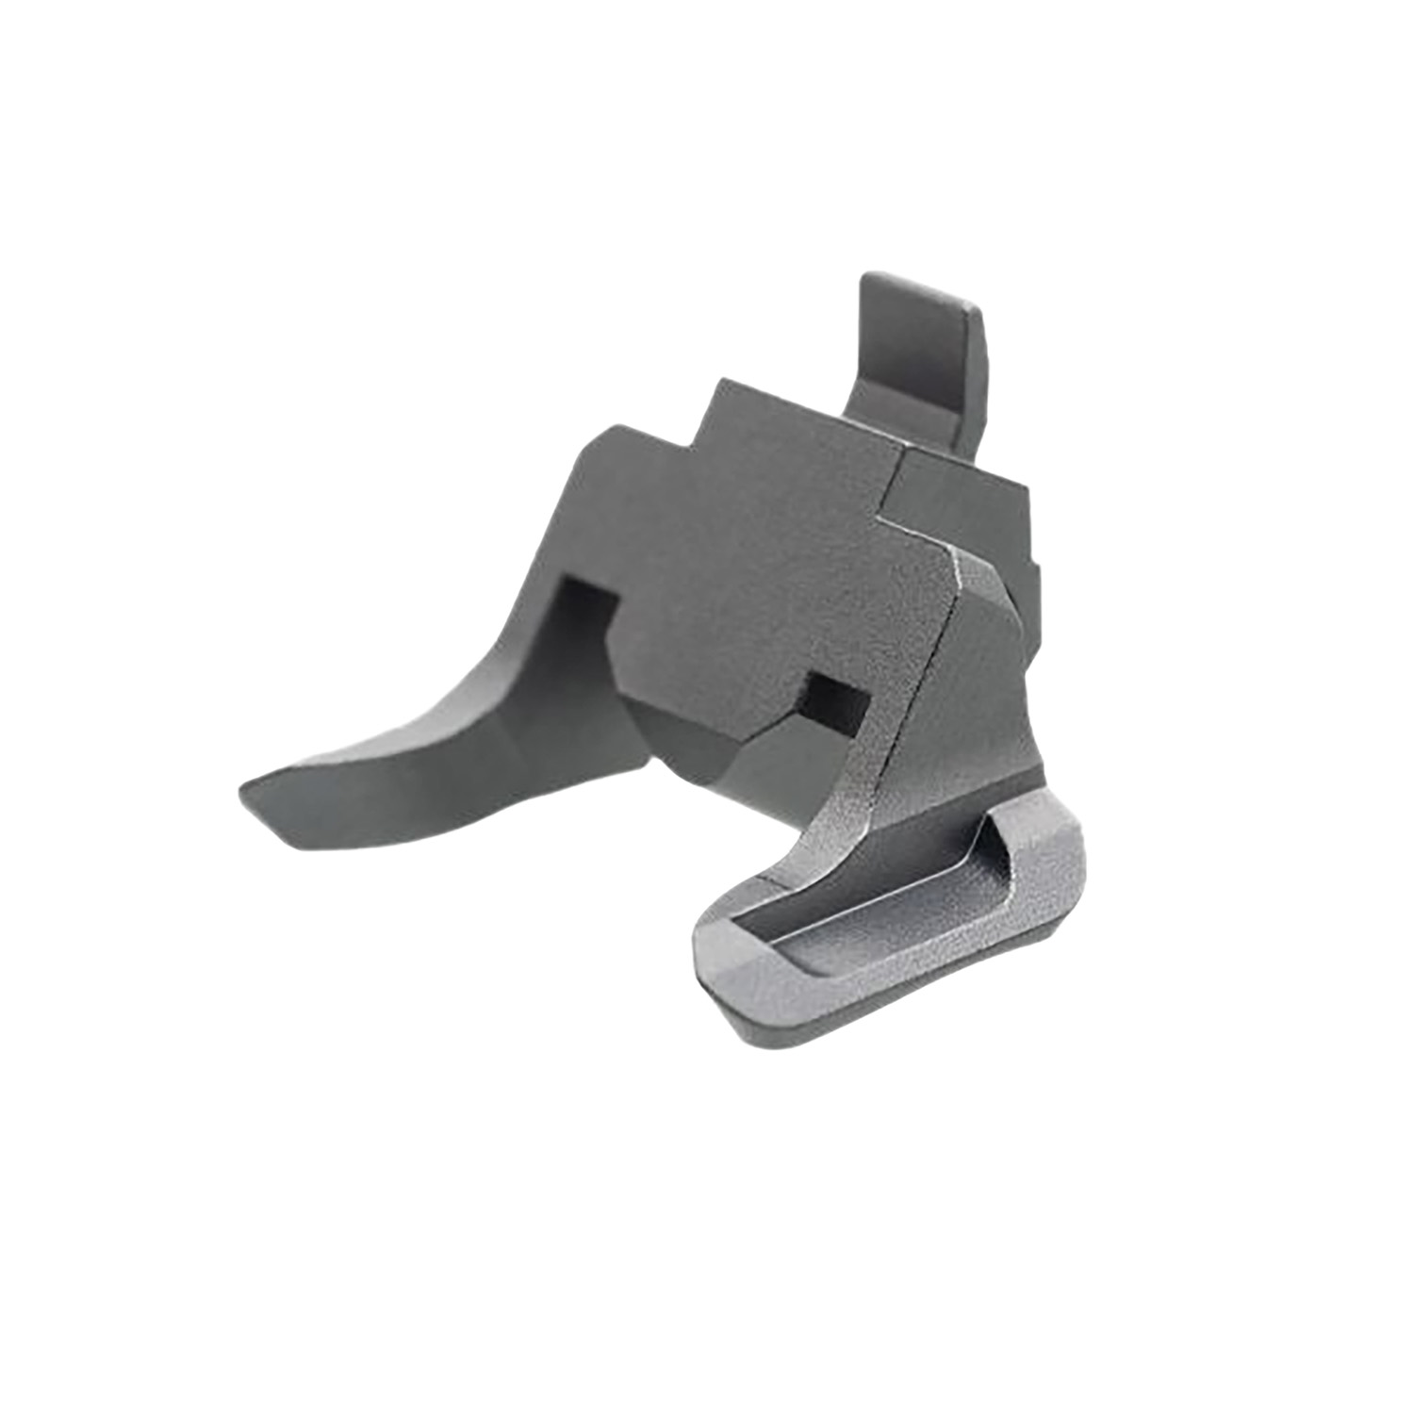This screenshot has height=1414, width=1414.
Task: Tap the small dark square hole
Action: pyautogui.click(x=839, y=699)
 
